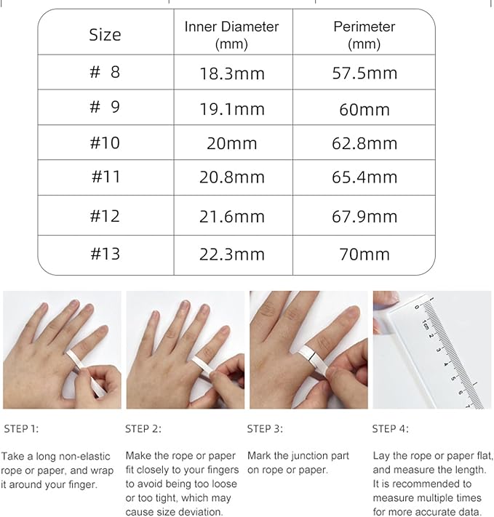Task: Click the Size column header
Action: point(105,34)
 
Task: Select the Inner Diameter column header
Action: point(231,34)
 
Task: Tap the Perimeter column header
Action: point(364,34)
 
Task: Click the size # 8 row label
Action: point(105,72)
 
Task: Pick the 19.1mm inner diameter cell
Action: point(232,109)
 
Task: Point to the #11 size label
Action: point(105,177)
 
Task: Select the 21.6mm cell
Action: point(232,216)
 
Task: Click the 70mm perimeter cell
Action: point(364,255)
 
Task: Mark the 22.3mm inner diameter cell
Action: point(232,255)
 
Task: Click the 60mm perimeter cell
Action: point(364,109)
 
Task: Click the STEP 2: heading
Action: point(143,428)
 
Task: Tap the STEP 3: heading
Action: point(265,428)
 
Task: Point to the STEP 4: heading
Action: point(390,428)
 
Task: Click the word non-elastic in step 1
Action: point(82,456)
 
